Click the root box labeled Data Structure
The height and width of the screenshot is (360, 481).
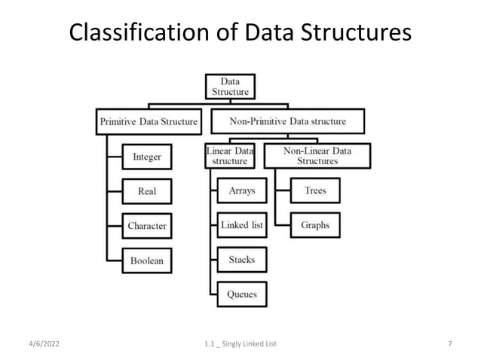coord(230,86)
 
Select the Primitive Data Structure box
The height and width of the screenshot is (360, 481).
coord(149,121)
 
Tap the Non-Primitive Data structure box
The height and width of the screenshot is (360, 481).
coord(287,121)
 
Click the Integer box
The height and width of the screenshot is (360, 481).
coord(147,157)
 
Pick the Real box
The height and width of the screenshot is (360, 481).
coord(147,191)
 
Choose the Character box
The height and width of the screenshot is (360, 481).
coord(147,226)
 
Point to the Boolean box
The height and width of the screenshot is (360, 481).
coord(147,261)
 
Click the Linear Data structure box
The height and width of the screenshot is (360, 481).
coord(230,155)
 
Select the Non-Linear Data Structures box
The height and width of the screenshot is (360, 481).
coord(317,155)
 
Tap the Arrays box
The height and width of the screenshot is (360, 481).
coord(241,191)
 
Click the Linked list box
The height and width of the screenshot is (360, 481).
coord(241,225)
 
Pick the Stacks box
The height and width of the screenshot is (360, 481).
coord(241,260)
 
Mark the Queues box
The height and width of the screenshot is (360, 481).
coord(241,294)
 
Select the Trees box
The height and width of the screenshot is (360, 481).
coord(315,191)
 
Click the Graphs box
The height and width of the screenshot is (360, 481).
coord(315,225)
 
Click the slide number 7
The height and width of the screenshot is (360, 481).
coord(449,343)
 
